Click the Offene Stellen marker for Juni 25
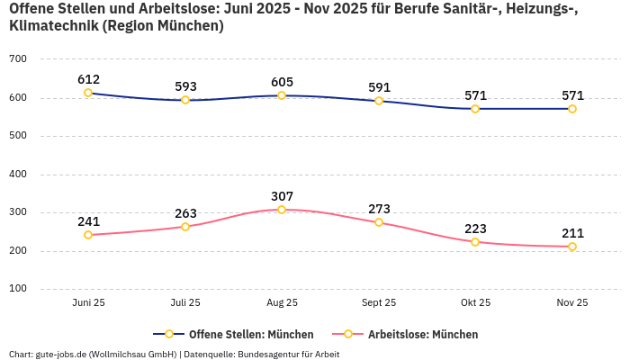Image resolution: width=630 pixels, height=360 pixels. (88, 93)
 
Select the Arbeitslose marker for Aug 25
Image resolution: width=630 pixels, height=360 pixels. (282, 210)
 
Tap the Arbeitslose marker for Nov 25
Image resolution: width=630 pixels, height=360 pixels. (572, 247)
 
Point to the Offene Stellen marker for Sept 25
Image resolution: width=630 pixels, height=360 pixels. (379, 101)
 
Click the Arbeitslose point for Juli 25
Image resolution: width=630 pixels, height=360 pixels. (185, 227)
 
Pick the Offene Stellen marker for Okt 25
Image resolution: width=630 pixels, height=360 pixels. (475, 109)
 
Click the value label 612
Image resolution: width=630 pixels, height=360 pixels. (88, 79)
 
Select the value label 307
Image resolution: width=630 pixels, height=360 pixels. (282, 196)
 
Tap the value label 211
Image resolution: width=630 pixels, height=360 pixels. (572, 233)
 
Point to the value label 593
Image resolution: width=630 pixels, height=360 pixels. (185, 86)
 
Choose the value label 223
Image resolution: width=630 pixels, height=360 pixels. (475, 229)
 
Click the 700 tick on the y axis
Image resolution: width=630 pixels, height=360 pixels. (18, 59)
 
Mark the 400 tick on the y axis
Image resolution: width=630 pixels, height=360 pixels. (18, 175)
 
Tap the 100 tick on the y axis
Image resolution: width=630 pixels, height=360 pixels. (18, 289)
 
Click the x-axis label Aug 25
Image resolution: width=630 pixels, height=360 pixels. (282, 303)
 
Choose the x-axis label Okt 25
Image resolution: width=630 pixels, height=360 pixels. (475, 303)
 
